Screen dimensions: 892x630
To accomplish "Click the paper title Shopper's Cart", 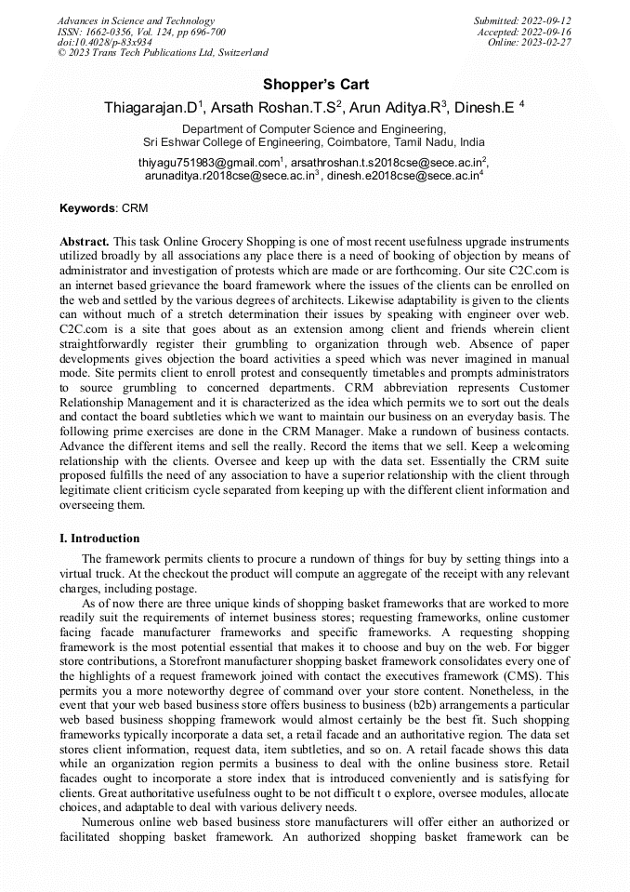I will [315, 85].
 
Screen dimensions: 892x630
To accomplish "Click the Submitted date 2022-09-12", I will [545, 20].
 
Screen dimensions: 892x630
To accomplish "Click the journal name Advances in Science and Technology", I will [136, 20].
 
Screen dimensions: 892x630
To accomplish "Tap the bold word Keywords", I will [87, 208].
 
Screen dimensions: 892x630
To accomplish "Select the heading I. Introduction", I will [99, 539].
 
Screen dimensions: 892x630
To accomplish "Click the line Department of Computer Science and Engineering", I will [314, 129].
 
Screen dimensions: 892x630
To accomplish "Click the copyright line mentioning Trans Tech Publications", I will [163, 53].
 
